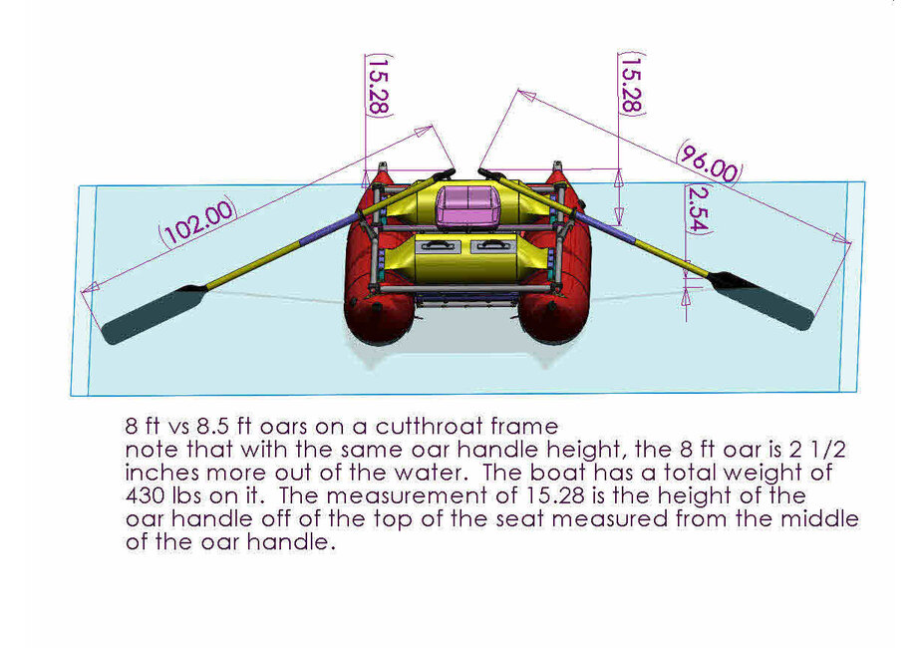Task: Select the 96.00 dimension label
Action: pos(709,162)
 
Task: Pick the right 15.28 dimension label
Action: pos(631,85)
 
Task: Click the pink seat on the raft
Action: pos(463,204)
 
